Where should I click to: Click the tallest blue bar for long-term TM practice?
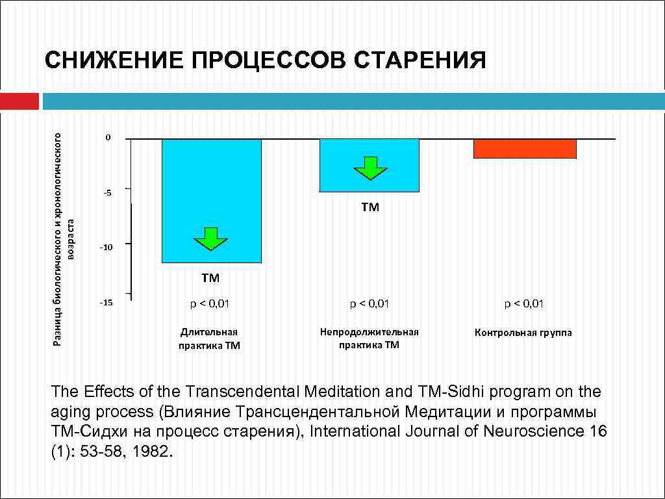click(211, 195)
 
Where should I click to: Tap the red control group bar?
click(525, 148)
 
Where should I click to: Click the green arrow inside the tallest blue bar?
click(211, 238)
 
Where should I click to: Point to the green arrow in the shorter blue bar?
click(370, 168)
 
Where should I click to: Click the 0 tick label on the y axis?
click(108, 138)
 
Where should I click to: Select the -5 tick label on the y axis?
click(107, 192)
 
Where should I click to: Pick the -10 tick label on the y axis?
click(105, 248)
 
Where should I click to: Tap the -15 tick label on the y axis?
click(105, 303)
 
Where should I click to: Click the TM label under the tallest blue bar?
click(210, 278)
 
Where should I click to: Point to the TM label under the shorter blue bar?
click(370, 208)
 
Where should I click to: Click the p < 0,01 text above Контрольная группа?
click(524, 303)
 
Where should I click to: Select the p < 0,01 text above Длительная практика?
click(210, 303)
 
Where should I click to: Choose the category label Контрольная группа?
click(523, 333)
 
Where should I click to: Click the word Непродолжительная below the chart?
click(369, 332)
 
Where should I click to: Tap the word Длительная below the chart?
click(209, 332)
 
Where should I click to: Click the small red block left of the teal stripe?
click(19, 101)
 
